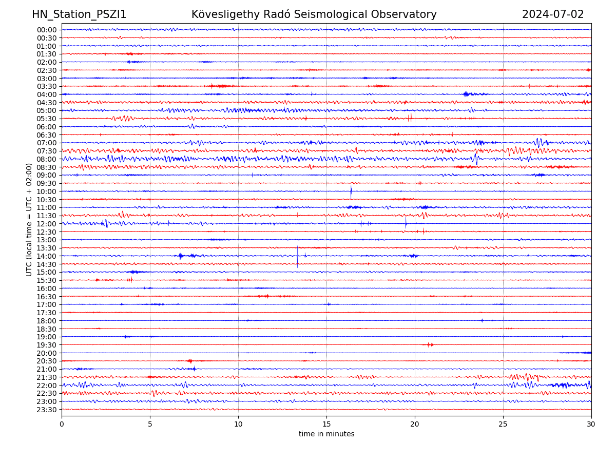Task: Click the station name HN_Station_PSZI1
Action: click(79, 14)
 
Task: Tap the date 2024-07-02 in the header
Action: click(553, 14)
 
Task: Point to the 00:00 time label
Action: click(47, 30)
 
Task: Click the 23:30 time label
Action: click(47, 410)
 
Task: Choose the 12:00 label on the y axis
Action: click(47, 224)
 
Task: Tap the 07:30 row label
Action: click(47, 151)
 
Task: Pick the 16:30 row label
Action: click(47, 297)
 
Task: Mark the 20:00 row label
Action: click(47, 353)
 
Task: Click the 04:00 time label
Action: click(47, 94)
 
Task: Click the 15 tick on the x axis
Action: click(326, 424)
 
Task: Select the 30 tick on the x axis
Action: click(591, 424)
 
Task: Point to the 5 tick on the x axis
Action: click(150, 424)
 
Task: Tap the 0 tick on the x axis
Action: click(62, 424)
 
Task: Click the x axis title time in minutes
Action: click(326, 434)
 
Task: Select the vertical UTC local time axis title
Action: click(29, 219)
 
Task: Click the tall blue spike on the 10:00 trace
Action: click(351, 192)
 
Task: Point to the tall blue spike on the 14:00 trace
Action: click(297, 256)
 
